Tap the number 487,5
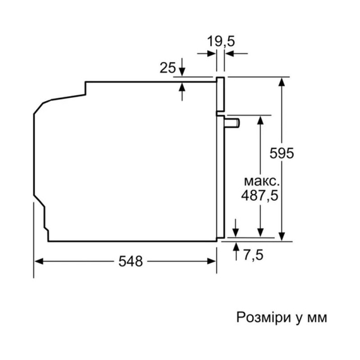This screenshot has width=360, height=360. pyautogui.click(x=260, y=195)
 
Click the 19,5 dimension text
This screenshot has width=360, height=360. pyautogui.click(x=221, y=41)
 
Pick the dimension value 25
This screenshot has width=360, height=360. pyautogui.click(x=167, y=66)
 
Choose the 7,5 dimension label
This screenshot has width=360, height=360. pyautogui.click(x=253, y=255)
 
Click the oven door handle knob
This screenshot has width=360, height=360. pyautogui.click(x=234, y=121)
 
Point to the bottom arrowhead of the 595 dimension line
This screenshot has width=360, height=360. pyautogui.click(x=282, y=236)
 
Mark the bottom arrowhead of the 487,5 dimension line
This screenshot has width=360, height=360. pyautogui.click(x=260, y=232)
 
